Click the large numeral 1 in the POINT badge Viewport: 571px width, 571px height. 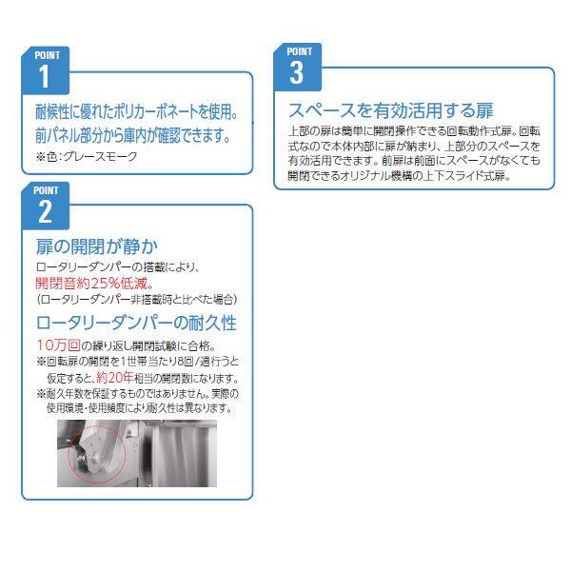click(45, 76)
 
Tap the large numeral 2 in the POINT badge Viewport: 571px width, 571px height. click(45, 211)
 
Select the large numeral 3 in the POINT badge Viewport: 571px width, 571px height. click(296, 73)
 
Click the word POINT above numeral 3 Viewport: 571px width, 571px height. click(300, 51)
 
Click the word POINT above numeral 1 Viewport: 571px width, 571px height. click(48, 55)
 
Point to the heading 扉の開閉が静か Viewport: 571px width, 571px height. click(97, 246)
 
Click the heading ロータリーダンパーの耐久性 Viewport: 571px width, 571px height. click(136, 323)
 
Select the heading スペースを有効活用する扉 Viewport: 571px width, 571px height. click(391, 110)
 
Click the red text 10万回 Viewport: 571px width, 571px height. click(59, 345)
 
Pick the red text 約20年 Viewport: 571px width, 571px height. click(115, 378)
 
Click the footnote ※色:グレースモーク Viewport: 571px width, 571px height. click(87, 156)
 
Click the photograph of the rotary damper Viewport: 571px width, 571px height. click(137, 453)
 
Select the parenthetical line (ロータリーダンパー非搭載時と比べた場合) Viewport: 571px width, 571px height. click(136, 300)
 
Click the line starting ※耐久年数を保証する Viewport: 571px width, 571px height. click(138, 394)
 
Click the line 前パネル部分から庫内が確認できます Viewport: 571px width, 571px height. click(133, 135)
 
